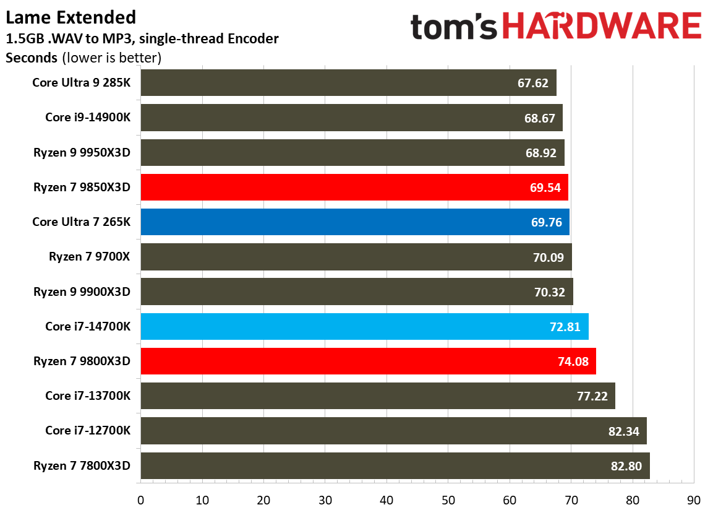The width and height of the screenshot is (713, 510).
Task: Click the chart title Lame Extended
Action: [x=71, y=17]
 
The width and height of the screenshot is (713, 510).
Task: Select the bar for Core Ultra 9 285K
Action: [x=348, y=83]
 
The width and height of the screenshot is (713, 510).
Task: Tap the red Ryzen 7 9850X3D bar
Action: [x=354, y=187]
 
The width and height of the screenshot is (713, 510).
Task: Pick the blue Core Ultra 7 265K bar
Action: [x=354, y=222]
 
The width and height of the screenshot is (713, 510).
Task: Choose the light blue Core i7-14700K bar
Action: [x=364, y=326]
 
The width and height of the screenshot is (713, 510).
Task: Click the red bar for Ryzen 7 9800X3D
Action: [x=368, y=361]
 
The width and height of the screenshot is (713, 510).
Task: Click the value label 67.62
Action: [x=533, y=83]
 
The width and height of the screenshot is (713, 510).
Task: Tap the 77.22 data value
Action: [x=591, y=396]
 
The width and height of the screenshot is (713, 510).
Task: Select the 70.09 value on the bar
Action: [x=548, y=257]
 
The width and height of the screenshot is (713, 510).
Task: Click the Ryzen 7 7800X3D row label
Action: [x=82, y=465]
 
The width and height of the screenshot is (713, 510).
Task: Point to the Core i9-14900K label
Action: [x=88, y=117]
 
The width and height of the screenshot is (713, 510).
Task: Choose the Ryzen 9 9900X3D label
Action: [x=82, y=291]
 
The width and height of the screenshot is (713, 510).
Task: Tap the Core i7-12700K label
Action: [x=88, y=430]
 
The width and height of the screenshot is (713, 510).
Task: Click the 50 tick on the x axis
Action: [x=448, y=499]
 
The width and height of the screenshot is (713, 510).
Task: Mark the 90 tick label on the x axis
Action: [x=693, y=499]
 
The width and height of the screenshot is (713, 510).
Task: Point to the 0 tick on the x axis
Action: [x=141, y=499]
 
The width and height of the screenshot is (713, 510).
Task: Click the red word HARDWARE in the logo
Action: [x=601, y=28]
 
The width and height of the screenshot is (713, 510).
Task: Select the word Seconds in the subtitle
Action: [x=31, y=59]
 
